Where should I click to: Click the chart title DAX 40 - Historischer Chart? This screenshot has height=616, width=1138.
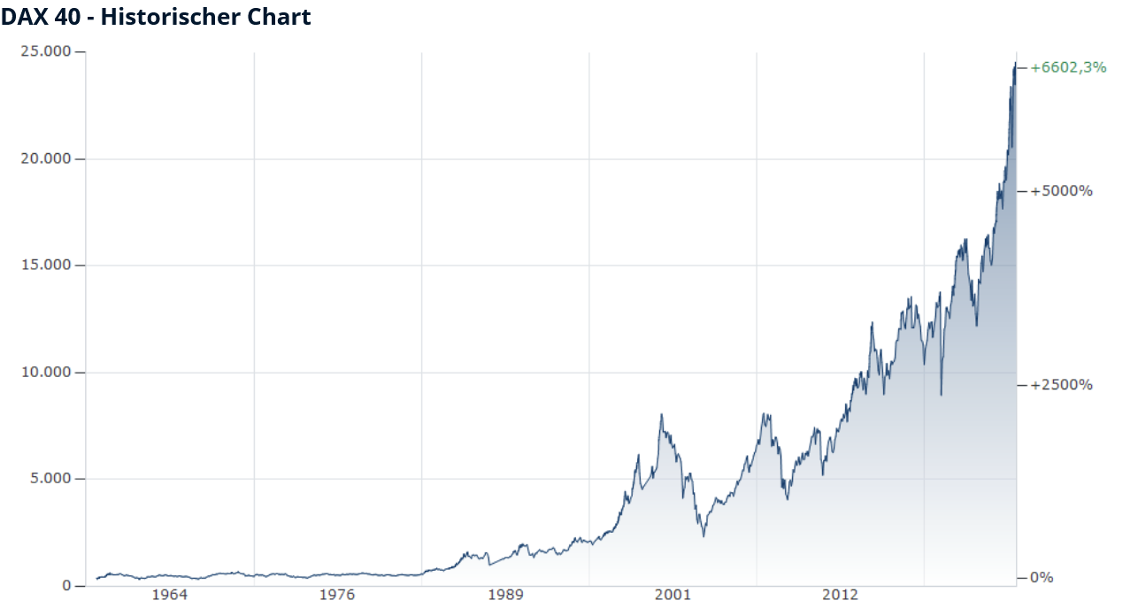point(156,17)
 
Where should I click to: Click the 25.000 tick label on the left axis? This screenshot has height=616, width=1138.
point(47,52)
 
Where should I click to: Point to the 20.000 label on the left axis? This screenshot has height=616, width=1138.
point(47,159)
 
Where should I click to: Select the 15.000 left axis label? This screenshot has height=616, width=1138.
point(47,266)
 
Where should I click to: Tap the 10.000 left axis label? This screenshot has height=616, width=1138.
point(47,373)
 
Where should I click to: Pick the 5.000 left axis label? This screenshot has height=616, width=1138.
point(50,479)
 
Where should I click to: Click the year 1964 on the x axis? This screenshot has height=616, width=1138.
point(170,595)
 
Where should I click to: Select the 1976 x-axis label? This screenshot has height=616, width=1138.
point(337,595)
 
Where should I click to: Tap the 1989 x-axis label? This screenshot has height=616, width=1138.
point(504,595)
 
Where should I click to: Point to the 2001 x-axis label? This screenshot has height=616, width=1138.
point(673,595)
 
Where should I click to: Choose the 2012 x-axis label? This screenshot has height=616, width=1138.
point(840,595)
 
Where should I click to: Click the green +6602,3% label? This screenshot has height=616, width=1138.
point(1068,67)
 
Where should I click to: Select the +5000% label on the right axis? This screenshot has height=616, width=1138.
point(1061,191)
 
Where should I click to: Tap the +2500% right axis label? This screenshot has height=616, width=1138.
point(1061,385)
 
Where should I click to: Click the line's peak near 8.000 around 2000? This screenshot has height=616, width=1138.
point(661,414)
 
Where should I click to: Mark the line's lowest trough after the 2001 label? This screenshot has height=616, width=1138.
point(704,535)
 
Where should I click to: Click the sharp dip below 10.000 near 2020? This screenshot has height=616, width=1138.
point(941,395)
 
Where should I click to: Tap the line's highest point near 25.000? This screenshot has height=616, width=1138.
point(1014,64)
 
